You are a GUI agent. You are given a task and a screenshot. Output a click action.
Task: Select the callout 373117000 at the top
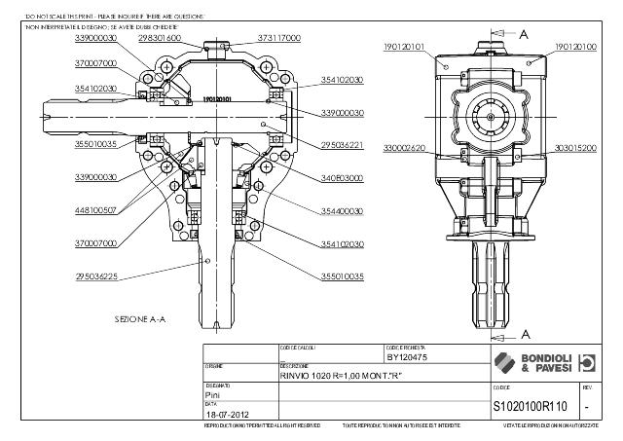[279, 37]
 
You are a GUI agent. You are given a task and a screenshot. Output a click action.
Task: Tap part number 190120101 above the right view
[404, 46]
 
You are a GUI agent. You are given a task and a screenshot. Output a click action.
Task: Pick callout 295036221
[343, 146]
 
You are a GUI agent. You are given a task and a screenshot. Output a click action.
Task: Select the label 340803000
[343, 178]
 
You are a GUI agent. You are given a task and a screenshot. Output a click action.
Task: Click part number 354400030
[343, 211]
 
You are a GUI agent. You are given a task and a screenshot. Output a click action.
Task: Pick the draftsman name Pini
[213, 396]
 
